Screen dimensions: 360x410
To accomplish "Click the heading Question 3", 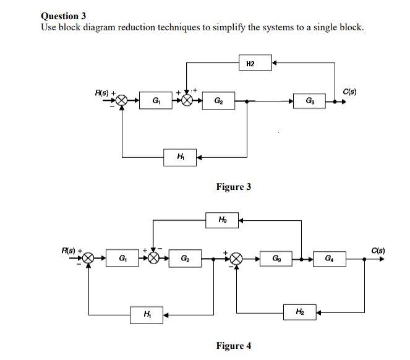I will click(x=63, y=16).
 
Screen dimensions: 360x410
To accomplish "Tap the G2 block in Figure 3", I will click(x=218, y=100).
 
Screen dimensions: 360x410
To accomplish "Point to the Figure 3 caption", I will click(x=233, y=187).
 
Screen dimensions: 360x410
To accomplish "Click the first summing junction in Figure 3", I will click(x=122, y=100).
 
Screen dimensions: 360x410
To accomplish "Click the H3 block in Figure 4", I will click(x=222, y=220).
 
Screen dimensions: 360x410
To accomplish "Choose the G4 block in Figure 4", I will click(x=328, y=258).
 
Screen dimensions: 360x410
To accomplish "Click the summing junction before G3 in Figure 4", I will click(x=236, y=259).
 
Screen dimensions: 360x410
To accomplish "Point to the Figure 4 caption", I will click(x=233, y=346).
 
